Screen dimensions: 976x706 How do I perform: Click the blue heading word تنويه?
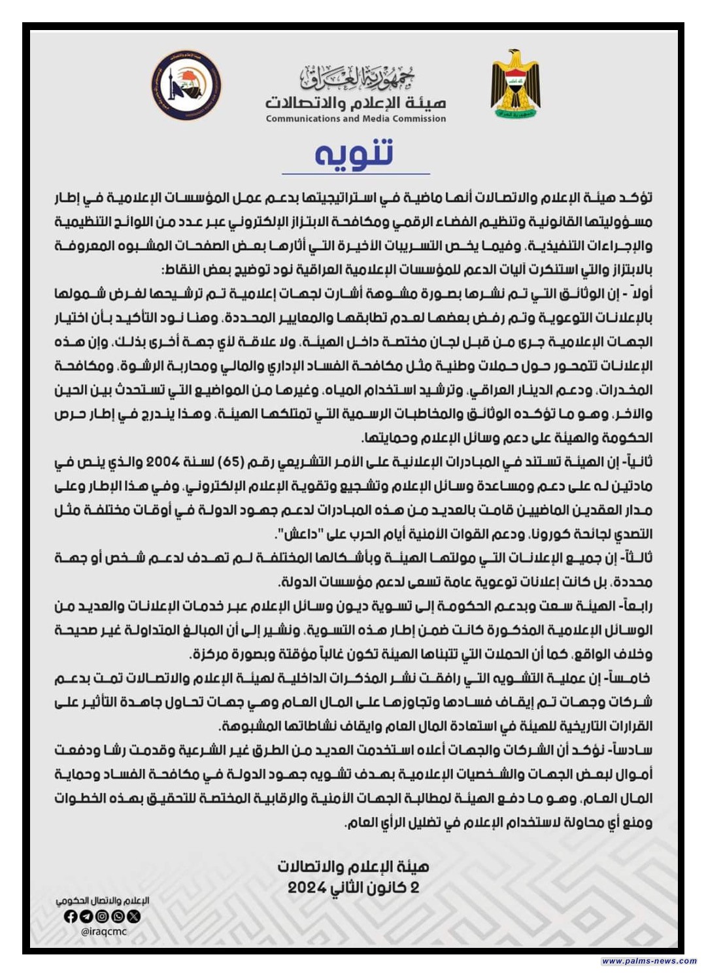(354, 153)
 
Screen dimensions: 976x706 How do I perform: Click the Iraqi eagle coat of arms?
(516, 84)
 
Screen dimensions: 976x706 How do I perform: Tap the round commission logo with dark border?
(186, 86)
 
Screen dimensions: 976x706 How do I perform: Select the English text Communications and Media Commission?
(356, 119)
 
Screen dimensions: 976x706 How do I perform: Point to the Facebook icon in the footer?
(71, 917)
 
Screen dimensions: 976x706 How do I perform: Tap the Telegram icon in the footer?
(86, 917)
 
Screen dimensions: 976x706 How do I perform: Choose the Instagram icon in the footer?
(102, 917)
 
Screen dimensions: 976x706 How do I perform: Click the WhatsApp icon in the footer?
(118, 917)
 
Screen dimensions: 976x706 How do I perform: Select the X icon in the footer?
(133, 917)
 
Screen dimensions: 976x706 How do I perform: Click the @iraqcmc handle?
(104, 932)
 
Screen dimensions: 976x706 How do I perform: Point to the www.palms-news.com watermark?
(648, 961)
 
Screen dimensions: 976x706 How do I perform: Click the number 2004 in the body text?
(163, 462)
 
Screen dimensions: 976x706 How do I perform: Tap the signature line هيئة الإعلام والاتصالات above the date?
(353, 867)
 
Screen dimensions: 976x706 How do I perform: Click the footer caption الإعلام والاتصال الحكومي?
(103, 901)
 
